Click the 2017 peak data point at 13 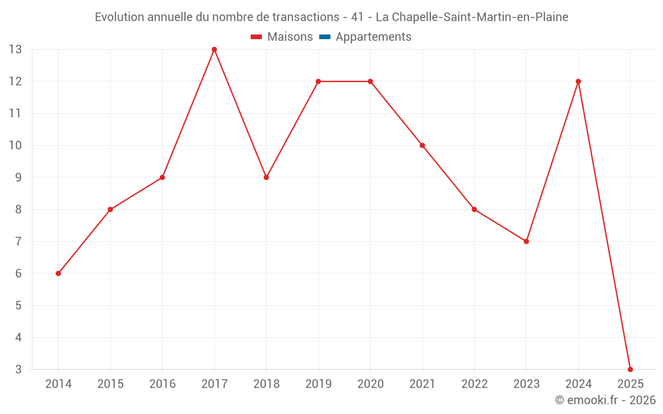pyautogui.click(x=214, y=50)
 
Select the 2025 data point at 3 pyautogui.click(x=630, y=369)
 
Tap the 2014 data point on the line pyautogui.click(x=58, y=273)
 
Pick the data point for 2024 pyautogui.click(x=578, y=81)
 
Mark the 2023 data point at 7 pyautogui.click(x=526, y=241)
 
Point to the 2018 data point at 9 pyautogui.click(x=266, y=178)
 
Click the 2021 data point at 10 pyautogui.click(x=422, y=145)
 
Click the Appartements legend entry pyautogui.click(x=373, y=37)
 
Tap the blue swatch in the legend pyautogui.click(x=324, y=37)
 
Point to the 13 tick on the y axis pyautogui.click(x=15, y=50)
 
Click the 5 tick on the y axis pyautogui.click(x=18, y=305)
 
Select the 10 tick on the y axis pyautogui.click(x=15, y=145)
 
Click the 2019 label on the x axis pyautogui.click(x=318, y=384)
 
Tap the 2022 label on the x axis pyautogui.click(x=474, y=384)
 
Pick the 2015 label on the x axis pyautogui.click(x=110, y=384)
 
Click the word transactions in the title pyautogui.click(x=306, y=17)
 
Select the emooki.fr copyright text pyautogui.click(x=605, y=400)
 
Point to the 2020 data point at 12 pyautogui.click(x=370, y=81)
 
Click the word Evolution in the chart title pyautogui.click(x=119, y=17)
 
